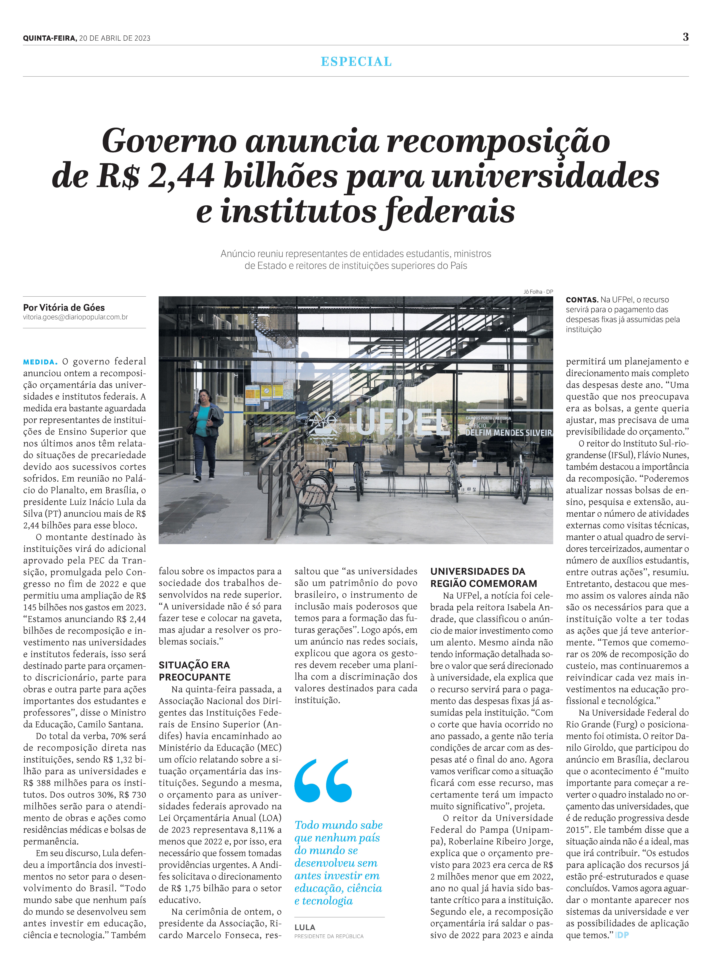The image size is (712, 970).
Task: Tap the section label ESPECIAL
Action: click(x=356, y=62)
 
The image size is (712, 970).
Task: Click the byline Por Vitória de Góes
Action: click(x=64, y=307)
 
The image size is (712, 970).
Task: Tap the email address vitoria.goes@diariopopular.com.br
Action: click(x=75, y=317)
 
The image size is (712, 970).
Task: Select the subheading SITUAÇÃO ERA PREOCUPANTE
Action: click(x=194, y=671)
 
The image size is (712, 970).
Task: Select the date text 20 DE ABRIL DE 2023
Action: click(x=115, y=38)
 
